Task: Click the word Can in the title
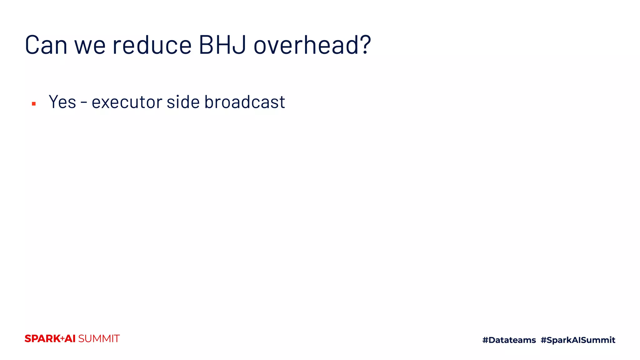point(46,45)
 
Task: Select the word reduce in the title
point(152,45)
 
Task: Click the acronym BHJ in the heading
point(222,45)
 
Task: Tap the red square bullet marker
point(34,104)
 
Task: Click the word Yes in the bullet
point(62,102)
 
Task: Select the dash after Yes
point(84,102)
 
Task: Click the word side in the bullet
point(183,102)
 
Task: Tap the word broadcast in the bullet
point(244,102)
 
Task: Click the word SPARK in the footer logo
point(42,339)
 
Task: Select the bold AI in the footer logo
point(70,339)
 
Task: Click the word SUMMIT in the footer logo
point(99,339)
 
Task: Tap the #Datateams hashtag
point(509,340)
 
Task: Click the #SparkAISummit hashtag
point(578,340)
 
